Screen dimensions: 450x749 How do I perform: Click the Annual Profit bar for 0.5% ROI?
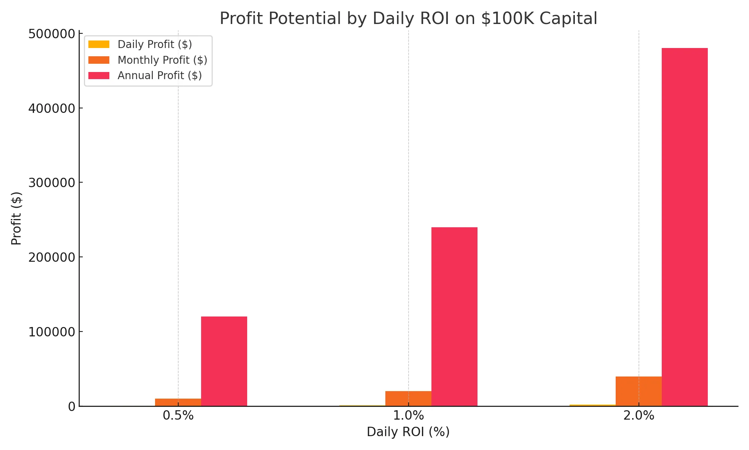[x=224, y=361]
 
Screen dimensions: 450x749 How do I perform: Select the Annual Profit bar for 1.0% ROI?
[x=454, y=316]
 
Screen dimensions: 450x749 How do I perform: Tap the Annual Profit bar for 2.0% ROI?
[x=685, y=227]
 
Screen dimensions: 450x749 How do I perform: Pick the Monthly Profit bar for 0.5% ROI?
[x=178, y=402]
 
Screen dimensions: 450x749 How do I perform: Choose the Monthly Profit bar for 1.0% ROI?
[x=408, y=398]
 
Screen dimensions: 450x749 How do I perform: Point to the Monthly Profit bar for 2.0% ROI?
[x=639, y=391]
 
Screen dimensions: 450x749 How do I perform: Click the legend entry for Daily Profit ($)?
[x=155, y=44]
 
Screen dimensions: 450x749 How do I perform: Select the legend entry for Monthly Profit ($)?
[x=162, y=60]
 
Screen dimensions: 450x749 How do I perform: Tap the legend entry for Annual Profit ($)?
[x=160, y=75]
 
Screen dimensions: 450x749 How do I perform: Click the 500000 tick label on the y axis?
[x=52, y=34]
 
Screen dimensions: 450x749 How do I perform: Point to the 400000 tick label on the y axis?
[x=52, y=108]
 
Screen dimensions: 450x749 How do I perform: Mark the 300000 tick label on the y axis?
[x=52, y=183]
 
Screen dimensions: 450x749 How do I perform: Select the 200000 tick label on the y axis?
[x=52, y=257]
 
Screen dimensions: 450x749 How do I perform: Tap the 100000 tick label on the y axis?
[x=52, y=332]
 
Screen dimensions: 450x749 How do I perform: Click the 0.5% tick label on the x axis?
[x=178, y=415]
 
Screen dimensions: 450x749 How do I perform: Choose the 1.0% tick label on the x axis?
[x=408, y=415]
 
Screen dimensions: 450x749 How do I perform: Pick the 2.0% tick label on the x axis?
[x=639, y=415]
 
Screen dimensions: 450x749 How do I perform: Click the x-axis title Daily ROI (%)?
[x=408, y=432]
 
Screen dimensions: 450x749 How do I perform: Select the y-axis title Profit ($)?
[x=16, y=218]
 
